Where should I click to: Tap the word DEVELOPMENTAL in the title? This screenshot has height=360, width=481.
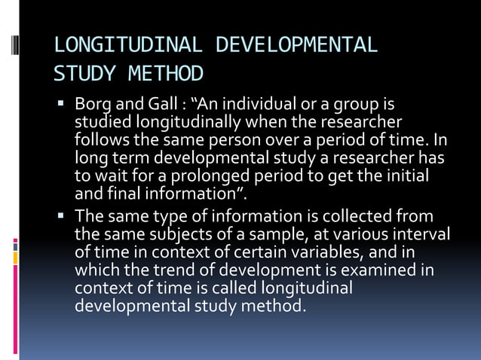pos(296,45)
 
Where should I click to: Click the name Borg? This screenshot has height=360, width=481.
pos(92,103)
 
